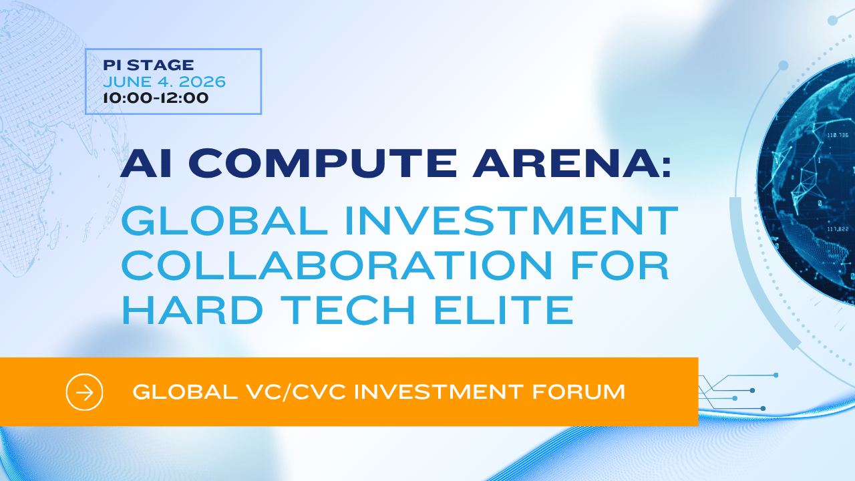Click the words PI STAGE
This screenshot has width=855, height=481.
148,65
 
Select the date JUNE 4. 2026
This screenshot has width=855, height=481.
164,82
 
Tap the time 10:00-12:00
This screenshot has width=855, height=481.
156,98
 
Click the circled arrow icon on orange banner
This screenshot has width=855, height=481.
85,391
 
